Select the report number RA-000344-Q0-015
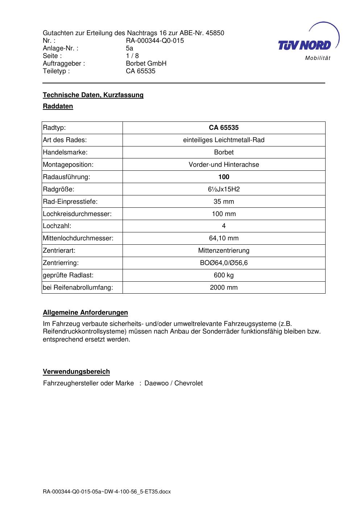tap(155, 41)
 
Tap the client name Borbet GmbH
tap(146, 63)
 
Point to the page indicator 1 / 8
tap(132, 56)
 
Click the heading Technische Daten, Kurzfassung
tap(93, 95)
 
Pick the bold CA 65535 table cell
tap(224, 128)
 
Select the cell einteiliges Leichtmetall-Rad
tap(224, 140)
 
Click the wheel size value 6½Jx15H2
tap(224, 189)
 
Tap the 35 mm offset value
tap(224, 202)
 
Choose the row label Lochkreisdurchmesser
tap(77, 214)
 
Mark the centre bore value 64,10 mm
tap(224, 238)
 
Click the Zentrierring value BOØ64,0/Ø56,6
tap(224, 263)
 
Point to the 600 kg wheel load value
tap(224, 275)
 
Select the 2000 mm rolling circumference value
tap(224, 287)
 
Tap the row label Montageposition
tap(68, 165)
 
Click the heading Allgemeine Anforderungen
tap(85, 313)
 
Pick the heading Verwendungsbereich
tap(76, 372)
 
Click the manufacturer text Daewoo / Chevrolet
tap(173, 383)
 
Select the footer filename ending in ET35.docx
tap(107, 492)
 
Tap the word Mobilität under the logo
tap(318, 58)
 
